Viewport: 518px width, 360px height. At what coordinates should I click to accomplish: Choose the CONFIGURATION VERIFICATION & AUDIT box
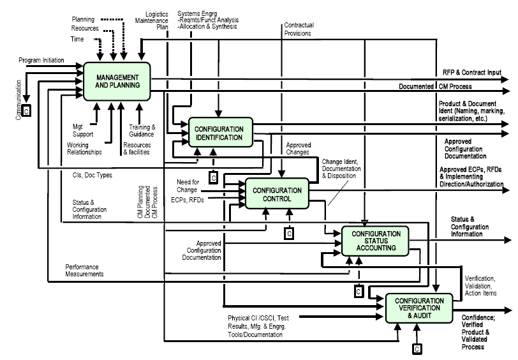click(418, 308)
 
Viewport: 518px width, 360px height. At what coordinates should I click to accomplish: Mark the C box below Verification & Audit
click(416, 349)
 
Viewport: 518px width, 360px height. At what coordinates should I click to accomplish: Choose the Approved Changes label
click(298, 149)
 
